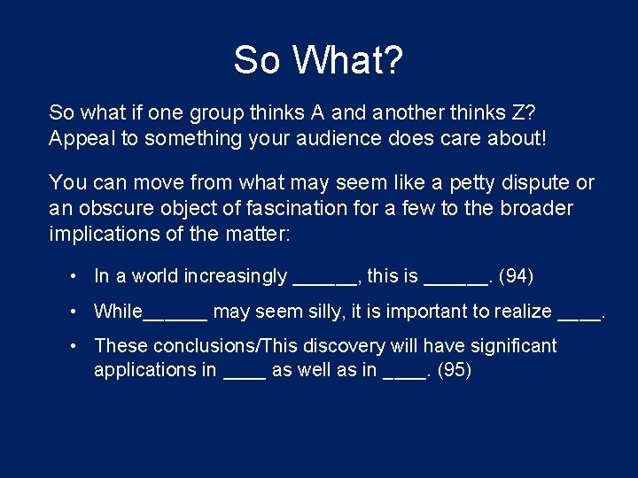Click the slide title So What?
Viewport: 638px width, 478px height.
tap(318, 61)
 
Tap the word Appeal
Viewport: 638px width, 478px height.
tap(80, 139)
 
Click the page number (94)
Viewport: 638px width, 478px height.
tap(517, 276)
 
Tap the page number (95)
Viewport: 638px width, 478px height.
tap(455, 370)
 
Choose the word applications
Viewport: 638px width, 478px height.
tap(145, 370)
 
